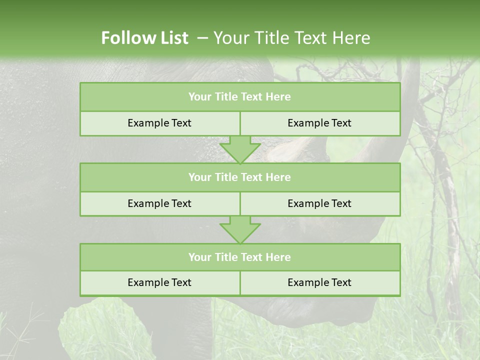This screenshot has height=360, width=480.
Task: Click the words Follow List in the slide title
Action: pos(144,38)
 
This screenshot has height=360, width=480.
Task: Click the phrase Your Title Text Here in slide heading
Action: pos(291,38)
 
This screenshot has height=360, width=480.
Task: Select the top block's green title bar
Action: pos(239,97)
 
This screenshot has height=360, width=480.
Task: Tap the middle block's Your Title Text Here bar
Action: pos(239,177)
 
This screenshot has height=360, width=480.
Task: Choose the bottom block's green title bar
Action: pos(239,257)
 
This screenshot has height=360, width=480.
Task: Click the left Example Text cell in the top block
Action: pos(159,123)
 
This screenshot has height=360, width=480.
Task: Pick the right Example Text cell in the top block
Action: pos(319,123)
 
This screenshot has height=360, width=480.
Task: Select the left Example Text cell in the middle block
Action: pos(159,203)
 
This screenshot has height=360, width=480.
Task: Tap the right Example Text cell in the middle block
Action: pos(319,203)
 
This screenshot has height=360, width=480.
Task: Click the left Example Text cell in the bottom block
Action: pos(159,282)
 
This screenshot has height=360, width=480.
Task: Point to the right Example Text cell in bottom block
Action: pos(319,282)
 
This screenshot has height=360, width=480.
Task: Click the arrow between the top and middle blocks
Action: pos(240,149)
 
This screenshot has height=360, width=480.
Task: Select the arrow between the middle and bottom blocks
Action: pos(240,229)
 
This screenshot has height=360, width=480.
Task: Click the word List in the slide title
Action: pos(173,38)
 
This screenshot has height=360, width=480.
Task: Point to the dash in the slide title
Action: pos(203,38)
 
